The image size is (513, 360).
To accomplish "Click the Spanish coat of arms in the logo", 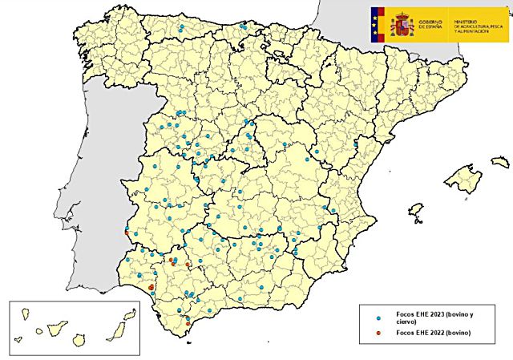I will [x=402, y=25].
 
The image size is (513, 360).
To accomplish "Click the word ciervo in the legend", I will [x=396, y=323].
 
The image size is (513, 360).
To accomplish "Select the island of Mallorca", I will [x=463, y=177].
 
